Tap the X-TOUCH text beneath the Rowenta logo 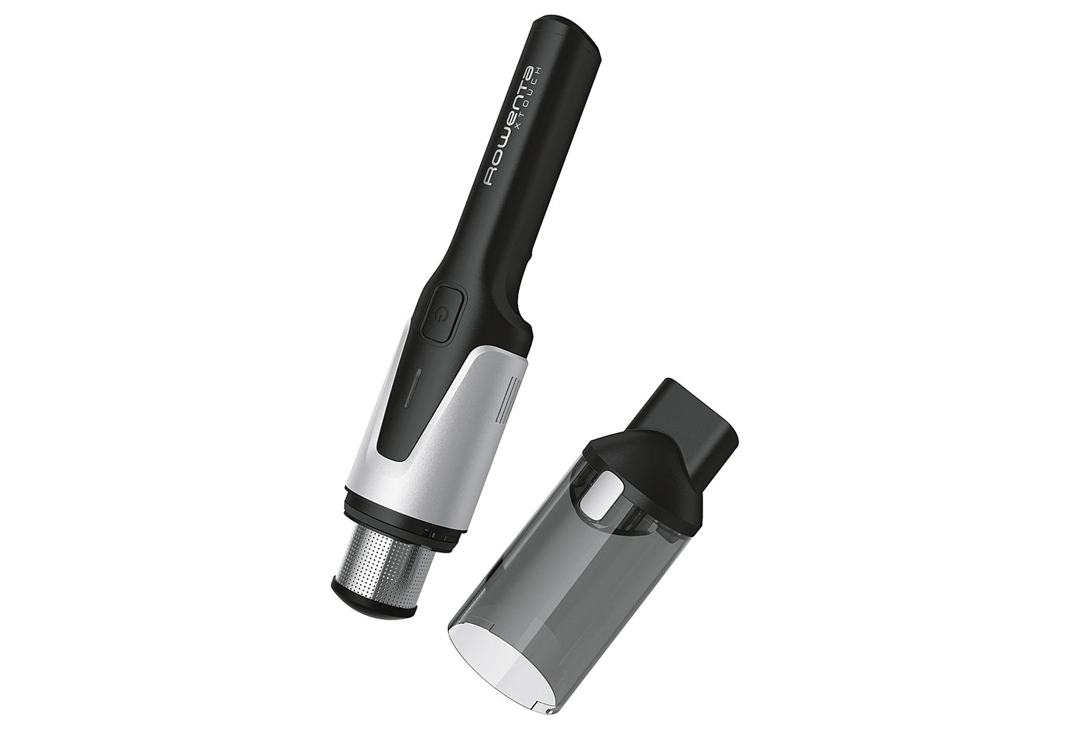(541, 110)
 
